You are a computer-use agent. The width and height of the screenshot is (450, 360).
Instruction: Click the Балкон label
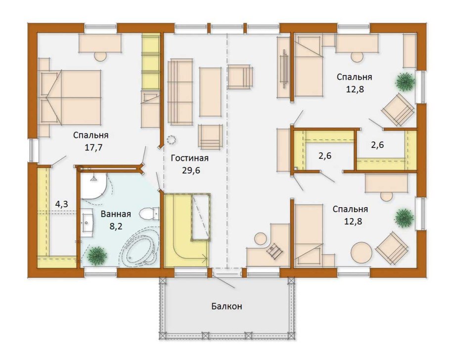click(226, 306)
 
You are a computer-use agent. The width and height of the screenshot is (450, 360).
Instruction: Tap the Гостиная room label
click(190, 158)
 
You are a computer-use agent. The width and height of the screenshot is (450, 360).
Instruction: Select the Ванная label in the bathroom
click(116, 214)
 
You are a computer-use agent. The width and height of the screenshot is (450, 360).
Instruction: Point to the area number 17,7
click(93, 147)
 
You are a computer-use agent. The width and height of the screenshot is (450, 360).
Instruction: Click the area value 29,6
click(191, 171)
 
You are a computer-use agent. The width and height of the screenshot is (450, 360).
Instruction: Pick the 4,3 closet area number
click(61, 204)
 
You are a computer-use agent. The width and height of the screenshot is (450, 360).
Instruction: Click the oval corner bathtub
click(140, 248)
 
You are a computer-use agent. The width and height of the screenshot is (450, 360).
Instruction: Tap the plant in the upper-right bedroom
click(405, 82)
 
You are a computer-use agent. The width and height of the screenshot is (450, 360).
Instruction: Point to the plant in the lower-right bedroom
click(405, 218)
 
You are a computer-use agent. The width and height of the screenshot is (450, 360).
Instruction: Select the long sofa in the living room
click(180, 92)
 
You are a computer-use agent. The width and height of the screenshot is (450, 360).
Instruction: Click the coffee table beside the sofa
click(210, 92)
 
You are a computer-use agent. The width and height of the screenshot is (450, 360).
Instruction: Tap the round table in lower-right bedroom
click(361, 253)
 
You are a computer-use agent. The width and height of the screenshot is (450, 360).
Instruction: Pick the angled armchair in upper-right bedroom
click(398, 109)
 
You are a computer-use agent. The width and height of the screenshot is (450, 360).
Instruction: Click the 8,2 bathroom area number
click(116, 226)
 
